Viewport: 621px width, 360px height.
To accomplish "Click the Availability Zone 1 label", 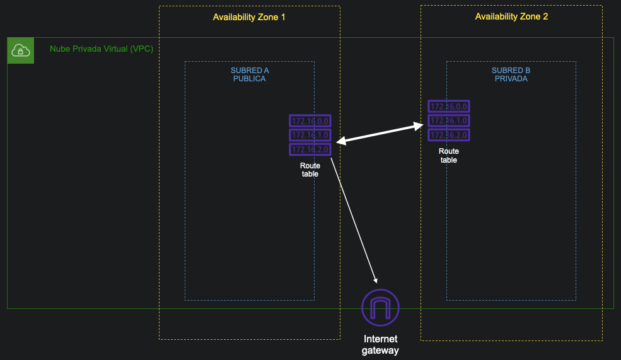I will click(x=249, y=17).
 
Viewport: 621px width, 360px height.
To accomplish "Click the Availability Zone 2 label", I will click(x=511, y=16).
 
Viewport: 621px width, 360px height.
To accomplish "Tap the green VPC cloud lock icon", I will click(x=20, y=50).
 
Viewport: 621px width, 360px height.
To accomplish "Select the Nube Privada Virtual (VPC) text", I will click(x=102, y=49).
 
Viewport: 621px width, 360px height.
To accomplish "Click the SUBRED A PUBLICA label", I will click(x=249, y=75).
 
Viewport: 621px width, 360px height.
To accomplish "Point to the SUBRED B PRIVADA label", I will click(x=511, y=75).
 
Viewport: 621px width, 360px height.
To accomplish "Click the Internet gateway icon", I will click(x=380, y=308).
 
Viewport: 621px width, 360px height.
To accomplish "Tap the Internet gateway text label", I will click(x=380, y=344).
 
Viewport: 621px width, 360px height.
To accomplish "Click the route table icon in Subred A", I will click(x=310, y=135).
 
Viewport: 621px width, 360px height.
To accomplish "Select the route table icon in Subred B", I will click(x=448, y=121).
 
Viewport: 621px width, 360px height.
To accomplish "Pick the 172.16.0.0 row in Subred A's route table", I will click(x=310, y=121).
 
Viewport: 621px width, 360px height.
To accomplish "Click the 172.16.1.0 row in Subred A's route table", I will click(x=310, y=135).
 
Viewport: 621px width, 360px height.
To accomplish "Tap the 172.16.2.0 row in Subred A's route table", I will click(x=310, y=149).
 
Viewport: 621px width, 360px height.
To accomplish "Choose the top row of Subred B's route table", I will click(x=448, y=107).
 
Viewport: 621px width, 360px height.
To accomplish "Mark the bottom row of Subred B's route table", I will click(x=448, y=135).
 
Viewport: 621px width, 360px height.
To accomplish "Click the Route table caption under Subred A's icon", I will click(x=310, y=170).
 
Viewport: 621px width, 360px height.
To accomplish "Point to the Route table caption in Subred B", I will click(x=448, y=156).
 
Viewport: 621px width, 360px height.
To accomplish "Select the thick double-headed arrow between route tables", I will click(x=380, y=134).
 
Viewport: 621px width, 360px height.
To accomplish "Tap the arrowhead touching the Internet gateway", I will click(x=376, y=280).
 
